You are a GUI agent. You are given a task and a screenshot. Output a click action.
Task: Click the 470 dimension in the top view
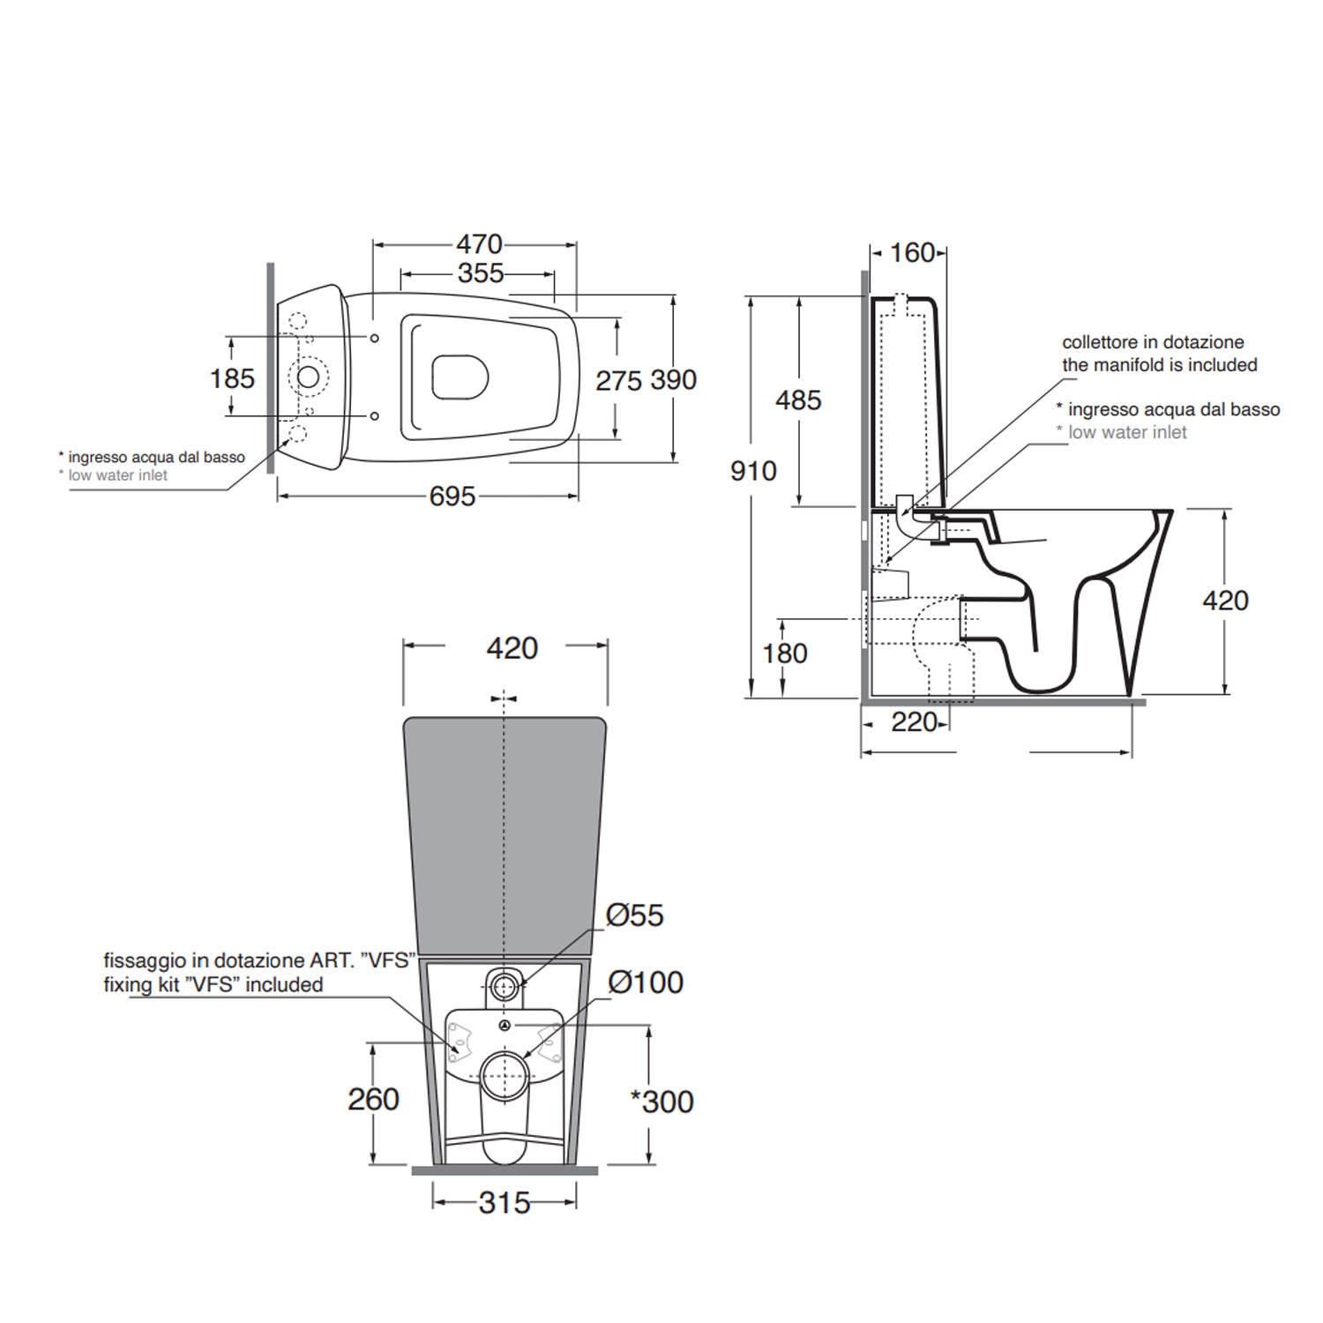(479, 244)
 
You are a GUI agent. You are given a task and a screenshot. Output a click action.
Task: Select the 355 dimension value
(481, 273)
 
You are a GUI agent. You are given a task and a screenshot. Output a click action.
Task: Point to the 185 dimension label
(232, 378)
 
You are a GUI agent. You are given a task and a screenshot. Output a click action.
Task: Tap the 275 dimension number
(618, 380)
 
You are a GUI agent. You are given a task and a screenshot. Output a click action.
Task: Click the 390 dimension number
(674, 380)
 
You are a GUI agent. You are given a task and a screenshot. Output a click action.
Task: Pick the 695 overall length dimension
(452, 497)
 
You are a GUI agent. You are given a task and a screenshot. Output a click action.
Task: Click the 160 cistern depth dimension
(912, 253)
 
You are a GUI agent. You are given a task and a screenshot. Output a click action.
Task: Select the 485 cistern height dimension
(798, 400)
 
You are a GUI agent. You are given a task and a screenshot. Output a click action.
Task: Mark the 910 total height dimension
(753, 471)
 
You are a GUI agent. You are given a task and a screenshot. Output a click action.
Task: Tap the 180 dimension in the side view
(785, 654)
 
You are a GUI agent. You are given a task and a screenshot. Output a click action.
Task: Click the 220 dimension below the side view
(914, 722)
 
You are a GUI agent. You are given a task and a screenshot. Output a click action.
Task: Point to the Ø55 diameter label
(634, 916)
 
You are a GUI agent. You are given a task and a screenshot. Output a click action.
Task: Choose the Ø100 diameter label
(646, 983)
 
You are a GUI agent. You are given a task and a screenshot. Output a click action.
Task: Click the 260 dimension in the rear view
(373, 1100)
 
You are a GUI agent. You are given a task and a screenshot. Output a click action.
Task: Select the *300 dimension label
(662, 1102)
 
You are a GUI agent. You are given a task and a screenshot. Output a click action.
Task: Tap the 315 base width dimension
(505, 1203)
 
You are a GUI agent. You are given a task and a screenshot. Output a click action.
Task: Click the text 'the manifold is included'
(1159, 365)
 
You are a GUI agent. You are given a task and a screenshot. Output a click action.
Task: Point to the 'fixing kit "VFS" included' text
(213, 985)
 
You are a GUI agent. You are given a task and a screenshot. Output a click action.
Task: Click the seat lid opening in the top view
(460, 377)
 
